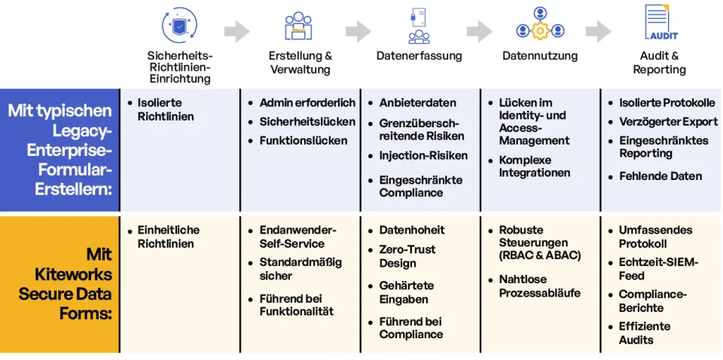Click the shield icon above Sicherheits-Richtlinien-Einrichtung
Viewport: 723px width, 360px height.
coord(180,25)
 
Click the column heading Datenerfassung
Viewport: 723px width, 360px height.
coord(419,56)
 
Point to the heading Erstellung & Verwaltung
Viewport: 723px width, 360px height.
coord(300,63)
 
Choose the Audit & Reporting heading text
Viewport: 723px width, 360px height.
coord(659,63)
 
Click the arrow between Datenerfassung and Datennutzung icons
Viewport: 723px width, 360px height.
coord(479,31)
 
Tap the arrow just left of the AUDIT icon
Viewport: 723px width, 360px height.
coord(598,31)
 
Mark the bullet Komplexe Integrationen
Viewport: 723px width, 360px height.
coord(535,166)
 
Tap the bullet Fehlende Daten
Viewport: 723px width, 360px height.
coord(660,176)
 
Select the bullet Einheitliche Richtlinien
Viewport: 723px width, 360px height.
coord(168,236)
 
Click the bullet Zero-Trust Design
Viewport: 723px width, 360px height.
coord(407,256)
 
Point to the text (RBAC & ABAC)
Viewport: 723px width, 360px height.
coord(540,255)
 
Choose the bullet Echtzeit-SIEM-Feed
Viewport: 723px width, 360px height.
coord(658,269)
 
